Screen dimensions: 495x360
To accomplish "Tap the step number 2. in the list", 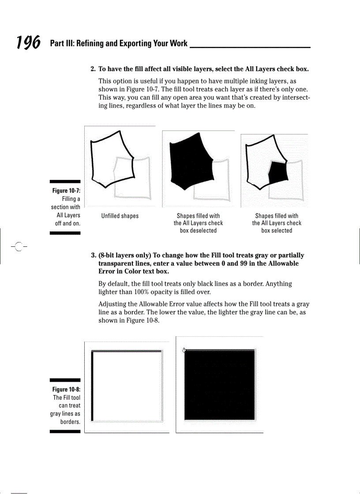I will (93, 69).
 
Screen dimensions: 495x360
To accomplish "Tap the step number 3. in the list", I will (94, 255).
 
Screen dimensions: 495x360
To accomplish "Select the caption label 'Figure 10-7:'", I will (66, 191).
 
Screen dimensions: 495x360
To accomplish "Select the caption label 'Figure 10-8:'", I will (66, 389).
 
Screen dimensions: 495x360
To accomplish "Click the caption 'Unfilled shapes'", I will (120, 216).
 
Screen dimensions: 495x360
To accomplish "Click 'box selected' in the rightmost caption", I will (276, 231).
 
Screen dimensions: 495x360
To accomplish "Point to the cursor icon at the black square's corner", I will (184, 350).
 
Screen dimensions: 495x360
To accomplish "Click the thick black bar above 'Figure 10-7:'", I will (65, 182).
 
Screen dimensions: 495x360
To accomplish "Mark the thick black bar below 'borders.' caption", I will (65, 432).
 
